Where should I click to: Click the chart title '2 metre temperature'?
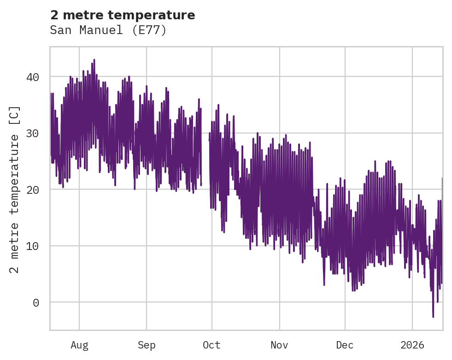[x=123, y=15]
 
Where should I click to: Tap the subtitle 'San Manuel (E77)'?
[x=108, y=30]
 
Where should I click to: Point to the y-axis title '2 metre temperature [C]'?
[x=15, y=189]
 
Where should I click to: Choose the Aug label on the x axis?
[x=79, y=345]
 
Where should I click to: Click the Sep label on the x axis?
[x=147, y=345]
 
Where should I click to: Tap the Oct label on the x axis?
[x=212, y=345]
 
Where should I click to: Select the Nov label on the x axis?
[x=279, y=345]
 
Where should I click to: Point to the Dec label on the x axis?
[x=345, y=345]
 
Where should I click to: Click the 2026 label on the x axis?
[x=412, y=345]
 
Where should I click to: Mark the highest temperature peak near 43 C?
[x=94, y=60]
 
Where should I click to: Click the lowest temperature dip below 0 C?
[x=433, y=316]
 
